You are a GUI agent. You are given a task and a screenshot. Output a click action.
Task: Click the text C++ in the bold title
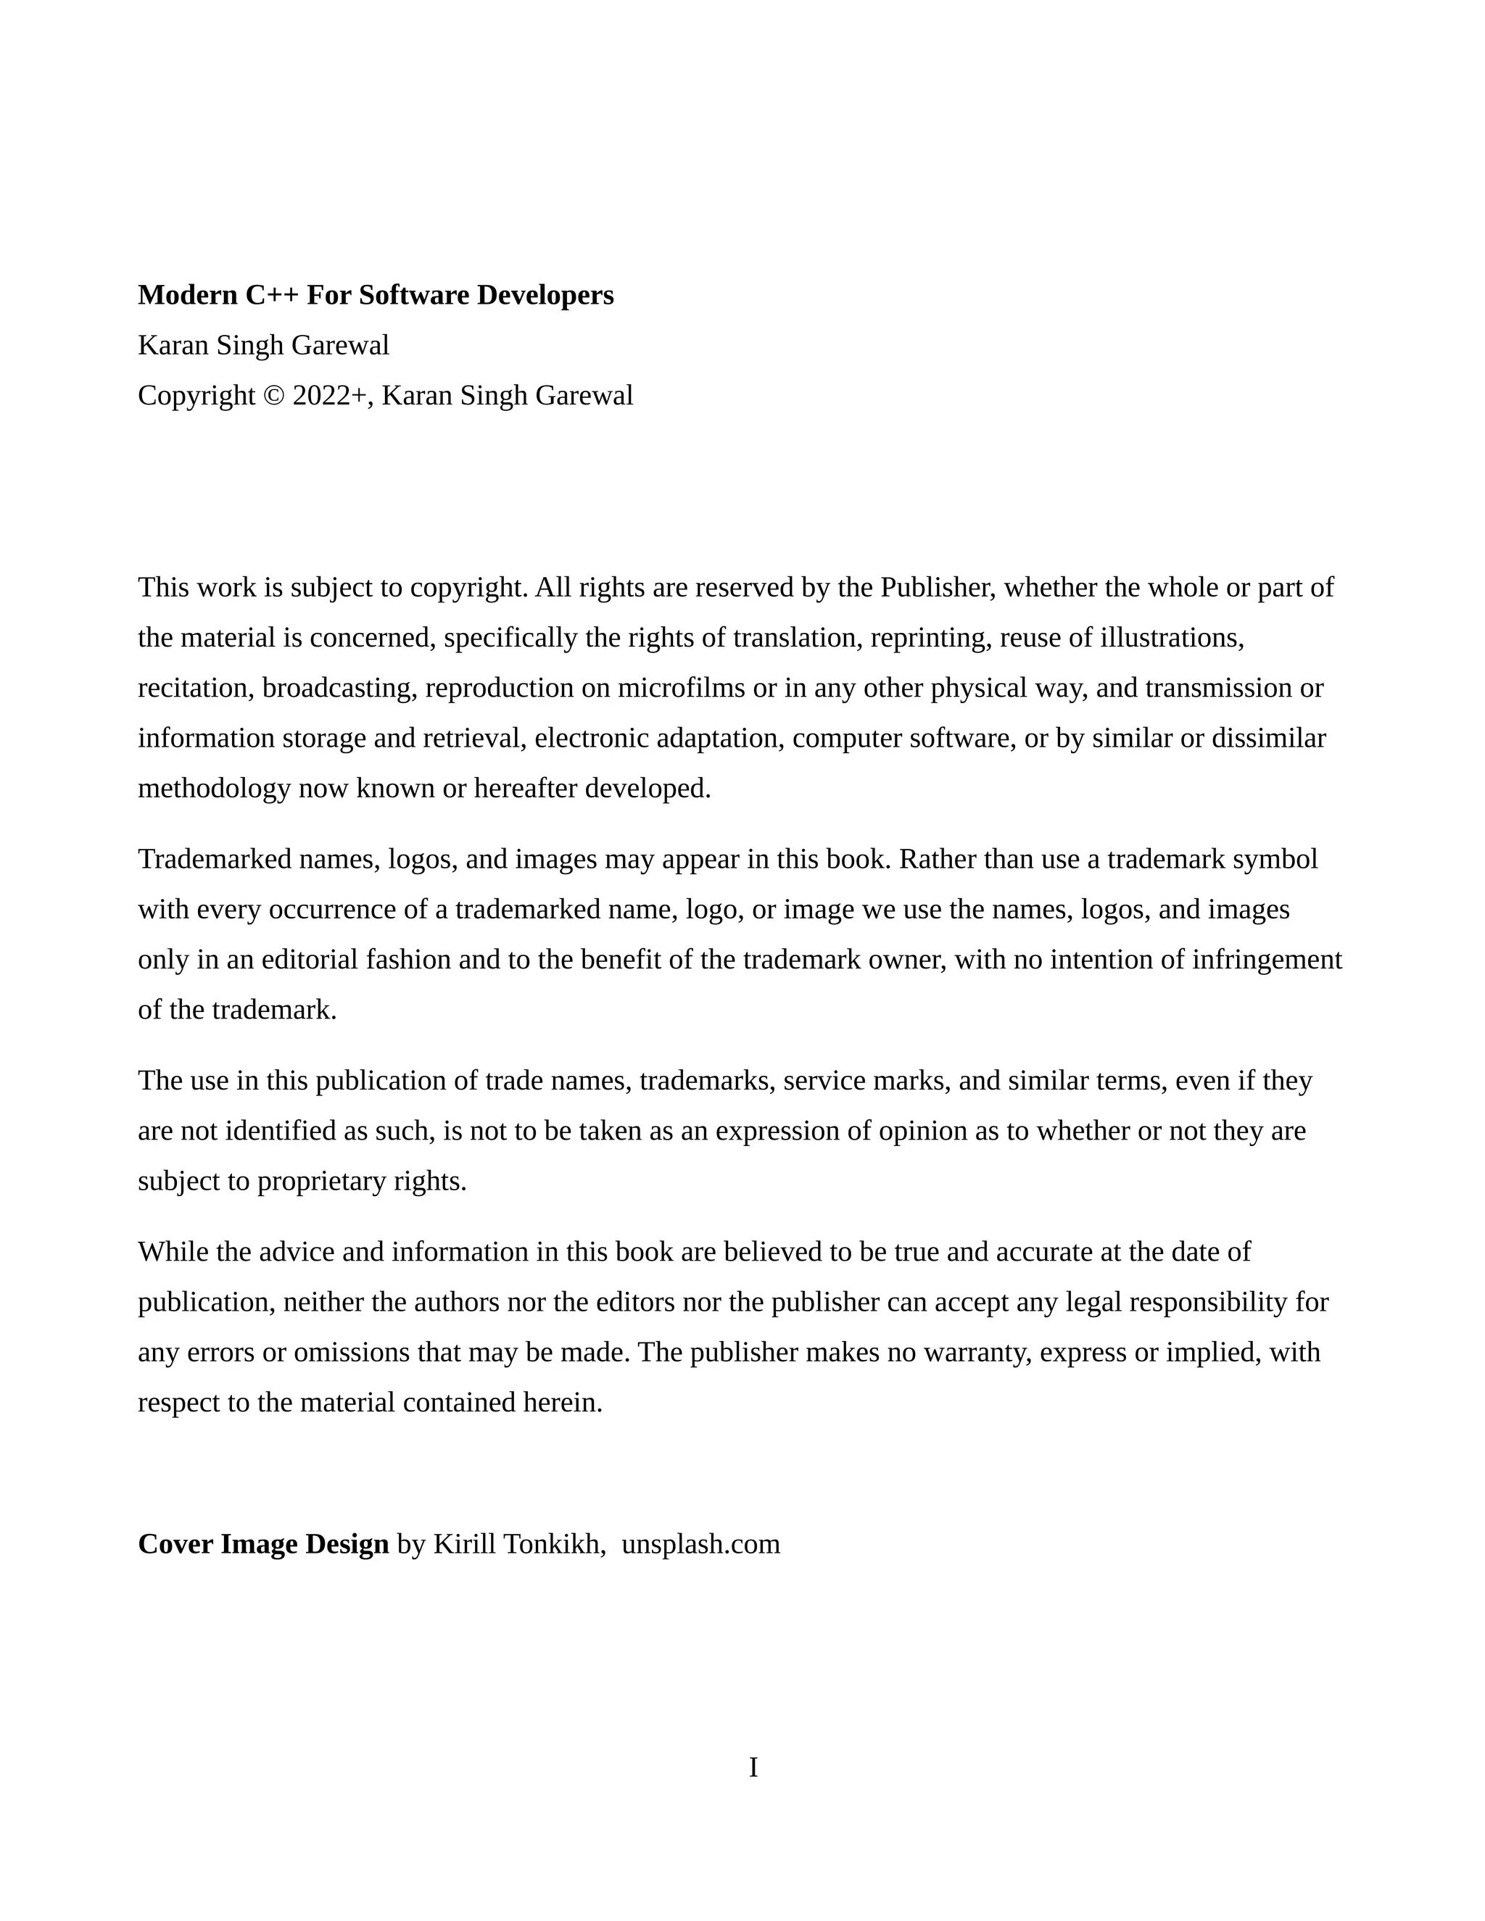point(271,296)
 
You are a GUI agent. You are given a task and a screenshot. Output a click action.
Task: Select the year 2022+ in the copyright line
point(329,396)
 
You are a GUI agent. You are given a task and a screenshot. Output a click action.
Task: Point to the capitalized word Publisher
point(937,588)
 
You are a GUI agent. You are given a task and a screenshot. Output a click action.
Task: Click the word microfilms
point(681,688)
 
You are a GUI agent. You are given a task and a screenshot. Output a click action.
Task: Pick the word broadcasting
point(339,688)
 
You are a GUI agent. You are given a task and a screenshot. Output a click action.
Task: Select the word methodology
point(214,789)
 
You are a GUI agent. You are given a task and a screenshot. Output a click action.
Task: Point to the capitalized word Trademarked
point(214,859)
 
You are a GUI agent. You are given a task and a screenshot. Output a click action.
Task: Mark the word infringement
point(1267,960)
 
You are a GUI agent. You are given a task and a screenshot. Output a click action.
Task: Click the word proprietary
point(321,1182)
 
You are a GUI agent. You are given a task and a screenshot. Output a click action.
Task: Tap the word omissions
point(351,1352)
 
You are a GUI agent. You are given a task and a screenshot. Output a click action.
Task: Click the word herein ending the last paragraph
point(562,1402)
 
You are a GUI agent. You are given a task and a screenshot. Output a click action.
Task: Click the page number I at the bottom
point(753,1767)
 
